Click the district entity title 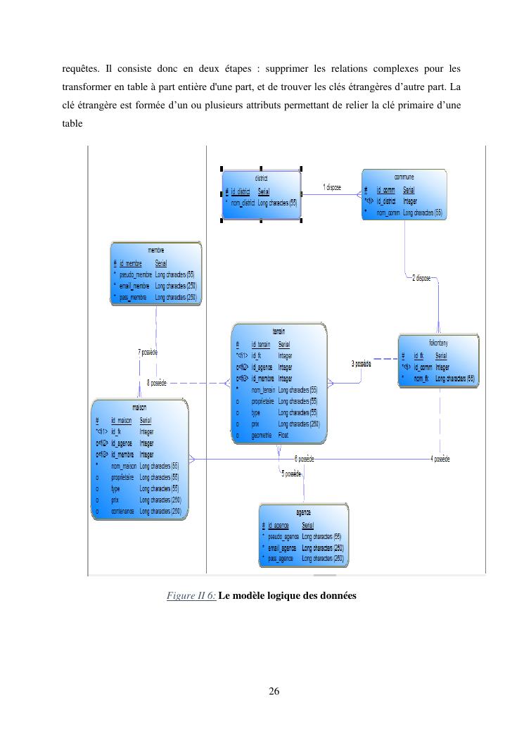261,179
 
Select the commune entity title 404,178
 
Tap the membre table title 156,251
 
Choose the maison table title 139,407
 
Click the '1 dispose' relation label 332,187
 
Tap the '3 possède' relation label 361,363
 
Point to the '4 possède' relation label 440,459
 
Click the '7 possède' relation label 148,352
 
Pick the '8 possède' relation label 156,383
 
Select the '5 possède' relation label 292,474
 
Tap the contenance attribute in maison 123,511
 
